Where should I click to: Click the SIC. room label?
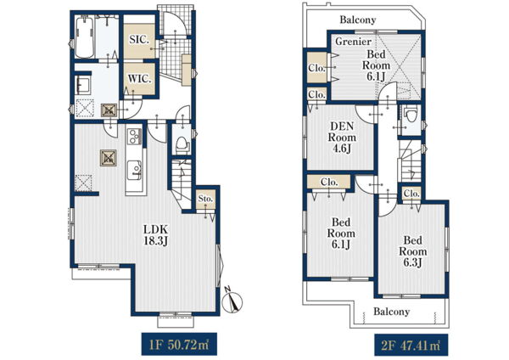[139, 40]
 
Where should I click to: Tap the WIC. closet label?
[140, 79]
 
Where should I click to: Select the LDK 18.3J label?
[155, 235]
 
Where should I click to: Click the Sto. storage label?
[205, 198]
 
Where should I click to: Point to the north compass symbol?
[232, 301]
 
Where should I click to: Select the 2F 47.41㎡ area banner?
[411, 345]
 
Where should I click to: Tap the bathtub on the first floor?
[84, 37]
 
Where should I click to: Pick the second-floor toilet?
[411, 115]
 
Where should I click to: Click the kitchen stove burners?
[134, 137]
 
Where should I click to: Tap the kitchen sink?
[134, 170]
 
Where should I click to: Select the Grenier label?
[353, 42]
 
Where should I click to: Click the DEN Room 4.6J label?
[342, 137]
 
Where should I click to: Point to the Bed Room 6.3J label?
[413, 251]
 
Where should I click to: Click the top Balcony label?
[358, 20]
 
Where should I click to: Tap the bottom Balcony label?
[391, 312]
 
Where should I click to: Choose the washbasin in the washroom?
[83, 85]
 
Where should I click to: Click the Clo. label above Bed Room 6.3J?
[411, 194]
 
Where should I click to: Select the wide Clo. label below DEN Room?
[329, 182]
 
